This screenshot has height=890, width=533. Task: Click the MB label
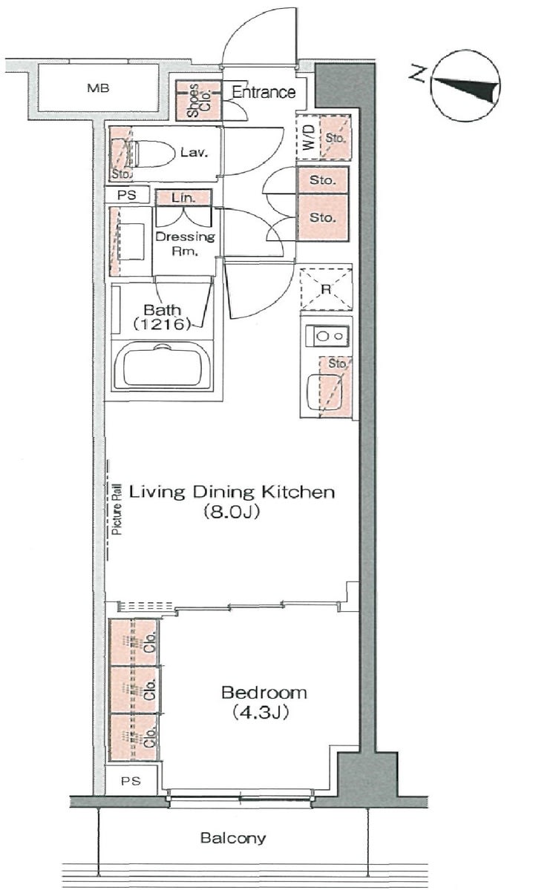pyautogui.click(x=98, y=88)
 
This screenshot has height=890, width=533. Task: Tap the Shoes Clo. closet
pyautogui.click(x=198, y=101)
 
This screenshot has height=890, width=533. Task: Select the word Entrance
pyautogui.click(x=264, y=92)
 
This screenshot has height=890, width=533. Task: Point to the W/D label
pyautogui.click(x=309, y=137)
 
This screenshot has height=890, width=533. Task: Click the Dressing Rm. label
pyautogui.click(x=185, y=243)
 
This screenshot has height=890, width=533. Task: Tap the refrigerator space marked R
pyautogui.click(x=326, y=289)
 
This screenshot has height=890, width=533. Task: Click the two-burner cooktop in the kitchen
pyautogui.click(x=327, y=336)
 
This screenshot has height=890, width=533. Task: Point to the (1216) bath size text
pyautogui.click(x=162, y=324)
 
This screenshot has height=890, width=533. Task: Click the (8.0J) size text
pyautogui.click(x=232, y=511)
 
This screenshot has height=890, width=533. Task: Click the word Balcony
pyautogui.click(x=233, y=838)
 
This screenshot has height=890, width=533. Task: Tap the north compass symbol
pyautogui.click(x=465, y=85)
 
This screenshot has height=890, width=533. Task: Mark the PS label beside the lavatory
pyautogui.click(x=127, y=195)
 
